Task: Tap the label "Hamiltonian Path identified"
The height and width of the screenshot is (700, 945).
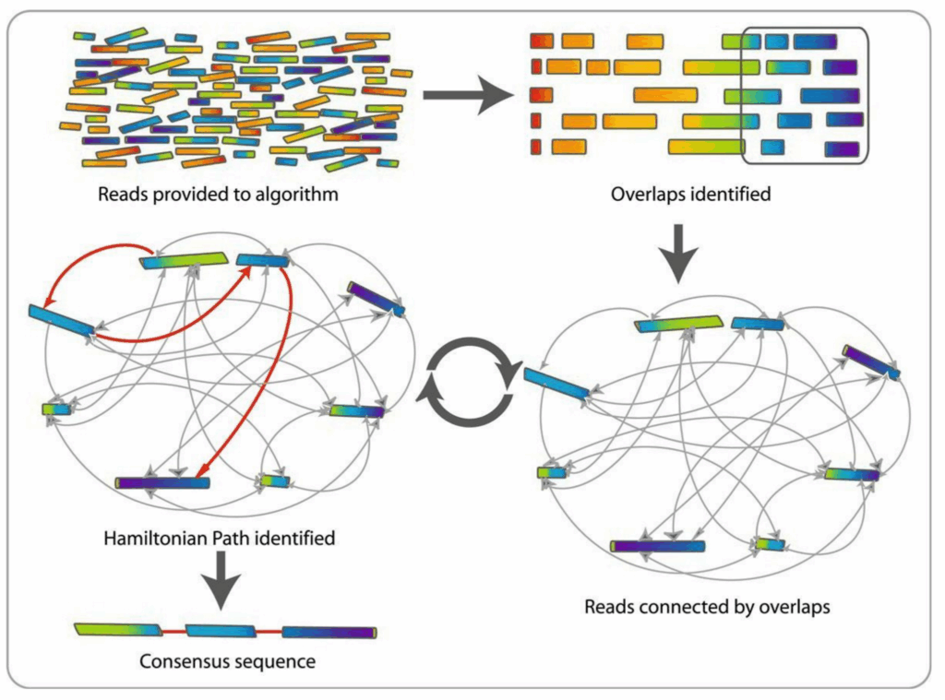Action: pyautogui.click(x=220, y=537)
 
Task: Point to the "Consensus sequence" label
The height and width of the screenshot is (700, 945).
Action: pyautogui.click(x=227, y=661)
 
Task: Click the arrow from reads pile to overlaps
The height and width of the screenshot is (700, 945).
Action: pyautogui.click(x=466, y=96)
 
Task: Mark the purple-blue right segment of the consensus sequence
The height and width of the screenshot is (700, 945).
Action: pyautogui.click(x=329, y=633)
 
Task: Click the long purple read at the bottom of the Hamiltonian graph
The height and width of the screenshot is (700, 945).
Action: pyautogui.click(x=163, y=482)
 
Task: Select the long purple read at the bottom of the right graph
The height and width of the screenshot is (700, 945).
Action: pyautogui.click(x=658, y=546)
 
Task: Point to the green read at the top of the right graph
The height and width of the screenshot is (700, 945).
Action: pyautogui.click(x=677, y=324)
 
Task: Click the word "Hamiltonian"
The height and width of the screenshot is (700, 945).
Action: pyautogui.click(x=150, y=537)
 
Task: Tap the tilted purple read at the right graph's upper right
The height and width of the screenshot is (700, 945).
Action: pyautogui.click(x=870, y=362)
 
